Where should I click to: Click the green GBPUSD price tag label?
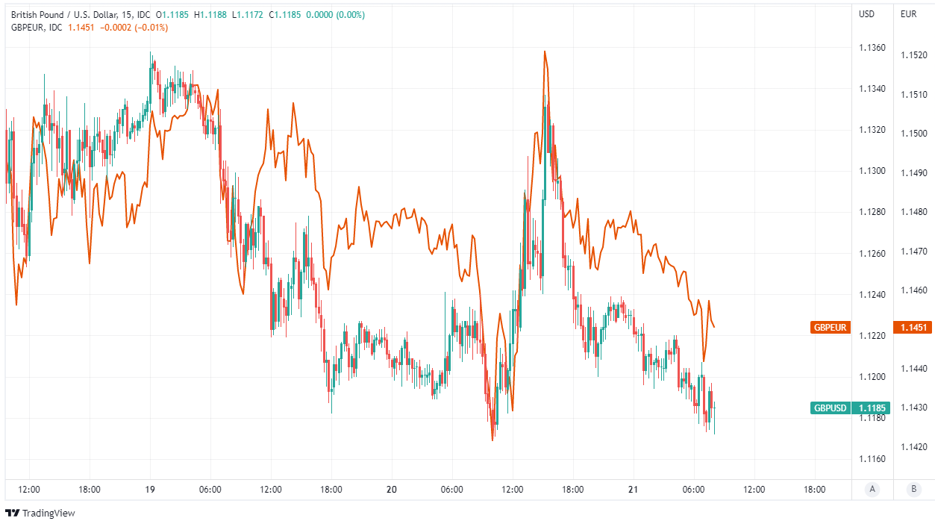pos(831,408)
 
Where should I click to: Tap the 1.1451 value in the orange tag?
pos(914,327)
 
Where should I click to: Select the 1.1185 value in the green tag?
pos(872,408)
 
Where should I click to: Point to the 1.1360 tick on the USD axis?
pos(872,48)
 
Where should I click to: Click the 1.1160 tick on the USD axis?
pos(872,458)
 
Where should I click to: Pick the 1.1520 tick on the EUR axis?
pos(914,55)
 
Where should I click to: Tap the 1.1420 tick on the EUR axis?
pos(914,446)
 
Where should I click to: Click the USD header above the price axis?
pos(866,14)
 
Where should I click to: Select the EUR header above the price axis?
pos(908,14)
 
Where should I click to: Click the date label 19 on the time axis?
pos(150,490)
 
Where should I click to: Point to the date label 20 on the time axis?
pos(392,490)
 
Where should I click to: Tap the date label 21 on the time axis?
pos(633,490)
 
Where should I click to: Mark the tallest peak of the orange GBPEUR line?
pos(545,52)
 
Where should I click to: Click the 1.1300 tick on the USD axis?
pos(872,171)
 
